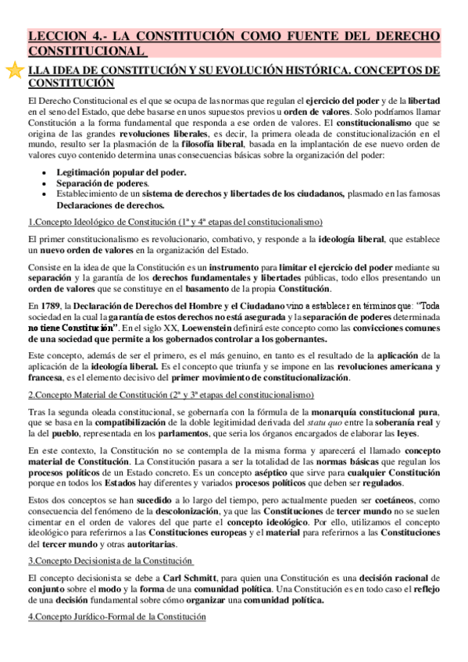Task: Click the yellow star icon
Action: coord(13,71)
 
